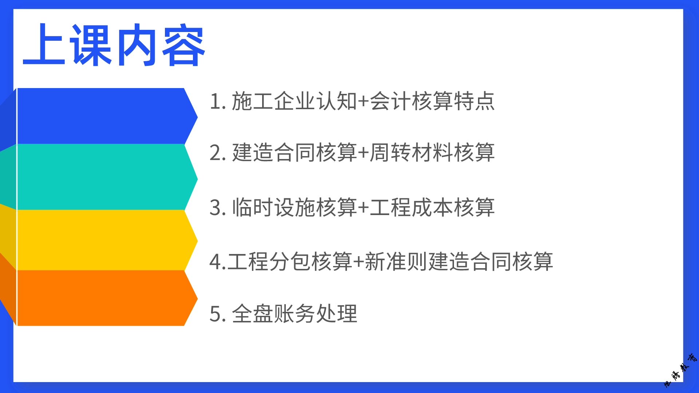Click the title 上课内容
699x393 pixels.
(x=114, y=45)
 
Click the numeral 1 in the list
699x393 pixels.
(x=216, y=101)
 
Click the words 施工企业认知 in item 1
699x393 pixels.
(x=295, y=101)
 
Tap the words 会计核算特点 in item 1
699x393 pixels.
(x=433, y=101)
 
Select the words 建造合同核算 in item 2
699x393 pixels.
(x=295, y=152)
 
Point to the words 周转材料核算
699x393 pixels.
(x=433, y=152)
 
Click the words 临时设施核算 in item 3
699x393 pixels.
(x=295, y=207)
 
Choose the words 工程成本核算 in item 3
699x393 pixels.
(x=433, y=207)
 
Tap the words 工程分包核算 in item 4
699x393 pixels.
(x=290, y=261)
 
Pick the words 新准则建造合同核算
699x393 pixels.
(x=459, y=261)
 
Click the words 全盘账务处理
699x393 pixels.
(x=295, y=313)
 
